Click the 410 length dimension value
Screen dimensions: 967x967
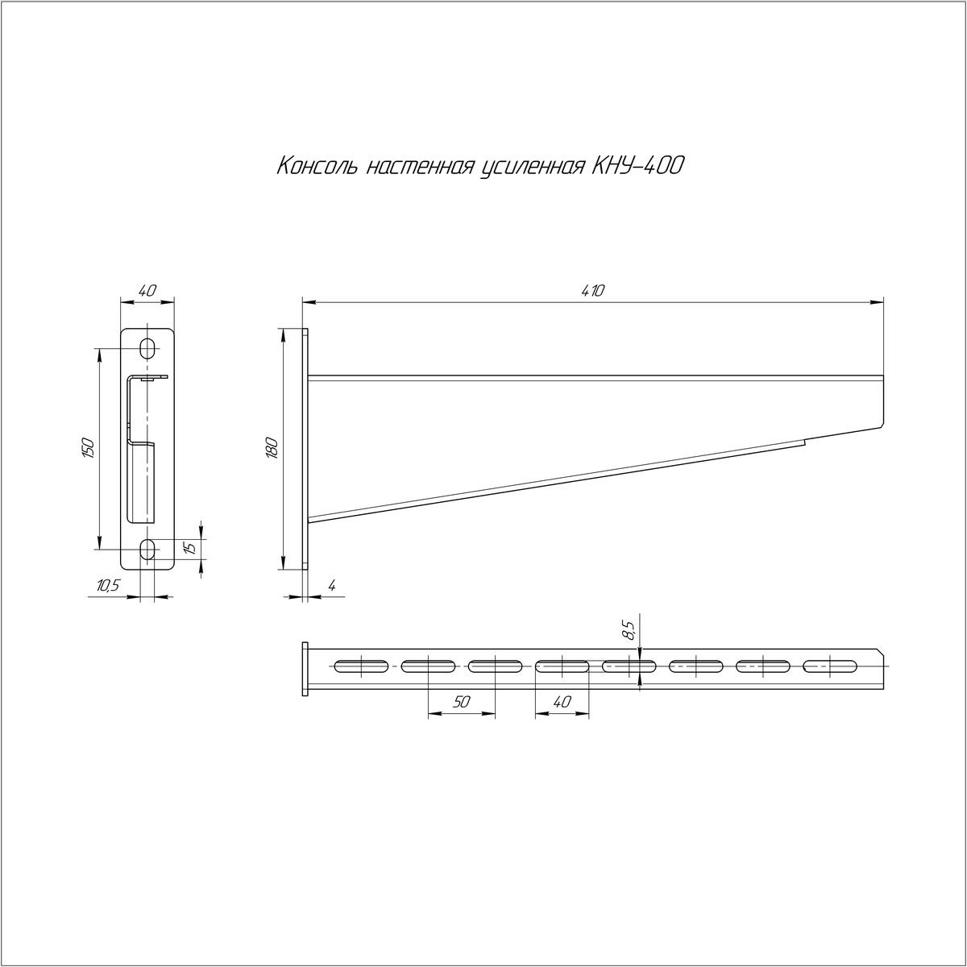[594, 291]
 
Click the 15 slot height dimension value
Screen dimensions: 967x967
[189, 547]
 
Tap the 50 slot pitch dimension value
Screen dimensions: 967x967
[461, 702]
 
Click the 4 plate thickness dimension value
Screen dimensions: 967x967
[332, 585]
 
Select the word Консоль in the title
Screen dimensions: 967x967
[317, 166]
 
